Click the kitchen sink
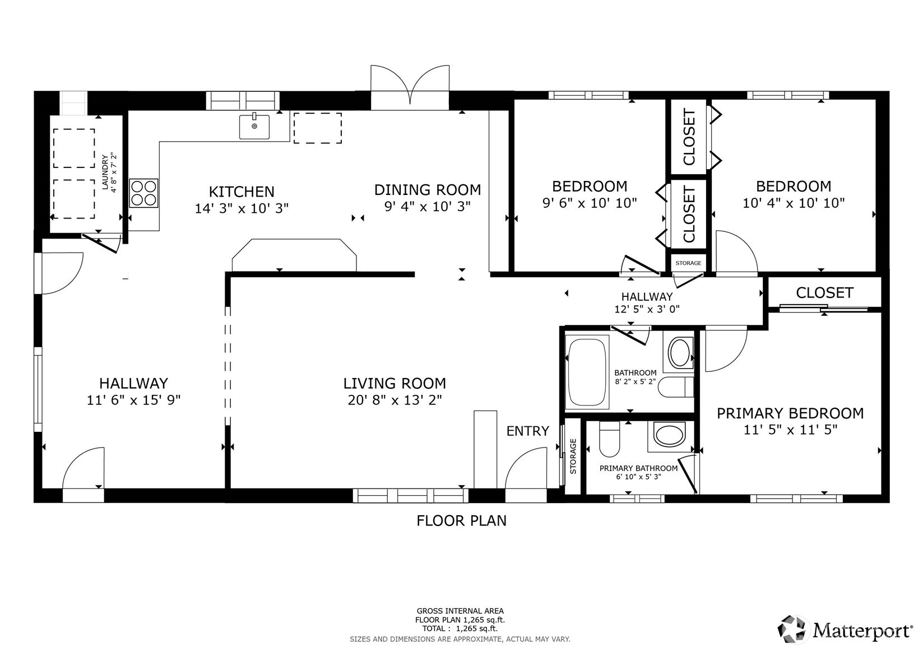pyautogui.click(x=254, y=127)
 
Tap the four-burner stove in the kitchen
pyautogui.click(x=143, y=193)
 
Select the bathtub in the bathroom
pyautogui.click(x=587, y=372)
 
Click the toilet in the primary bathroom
pyautogui.click(x=609, y=439)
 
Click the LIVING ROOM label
pyautogui.click(x=395, y=384)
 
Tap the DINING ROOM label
pyautogui.click(x=428, y=190)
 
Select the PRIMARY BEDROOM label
pyautogui.click(x=790, y=413)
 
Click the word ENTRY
pyautogui.click(x=528, y=431)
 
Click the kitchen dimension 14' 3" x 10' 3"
pyautogui.click(x=242, y=208)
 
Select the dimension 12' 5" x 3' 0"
pyautogui.click(x=647, y=309)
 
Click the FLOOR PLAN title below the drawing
pyautogui.click(x=462, y=520)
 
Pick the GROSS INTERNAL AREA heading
pyautogui.click(x=460, y=611)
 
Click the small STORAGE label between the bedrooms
pyautogui.click(x=688, y=263)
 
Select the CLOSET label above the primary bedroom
pyautogui.click(x=824, y=293)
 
